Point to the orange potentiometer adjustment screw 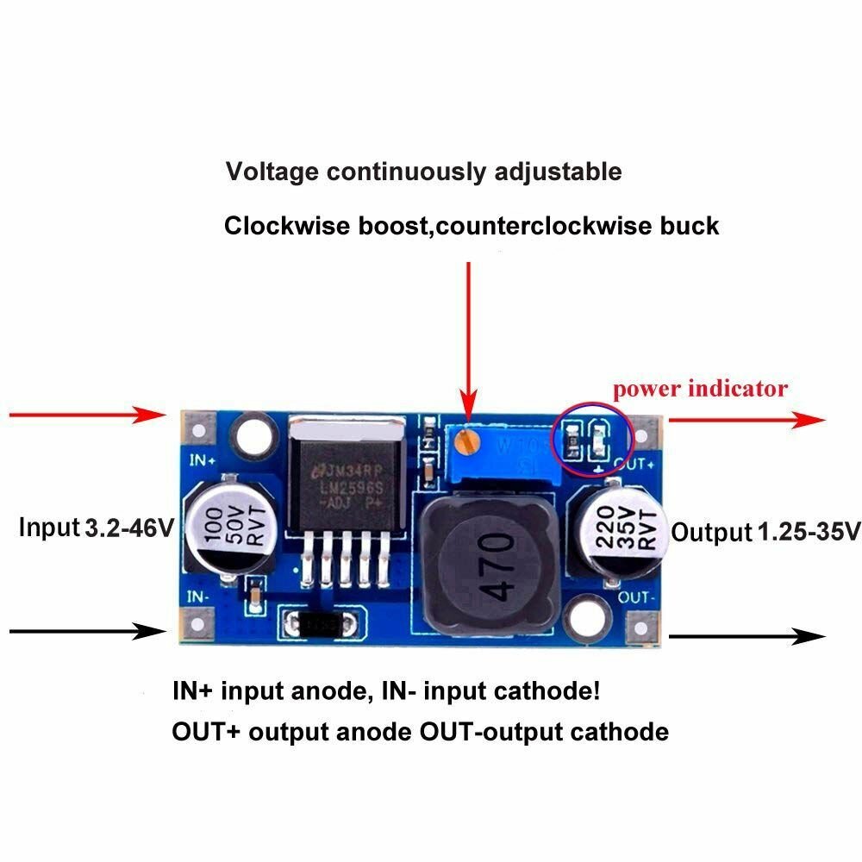click(x=468, y=442)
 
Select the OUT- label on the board click(x=636, y=596)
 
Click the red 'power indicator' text click(x=700, y=388)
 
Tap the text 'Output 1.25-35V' click(x=765, y=532)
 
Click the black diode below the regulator click(x=316, y=622)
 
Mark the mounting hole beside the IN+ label click(x=256, y=430)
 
